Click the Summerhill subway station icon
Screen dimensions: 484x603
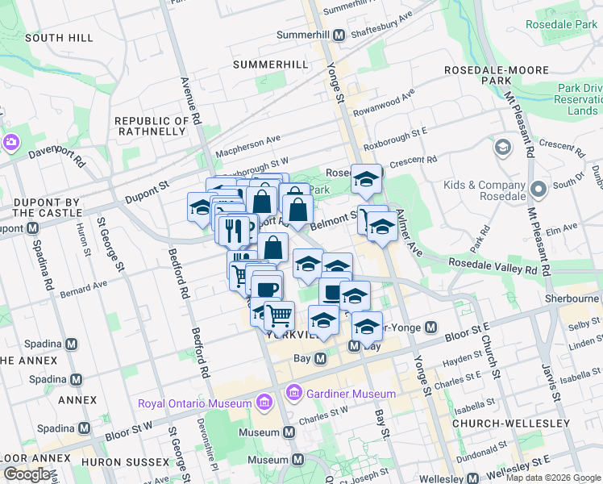pos(339,35)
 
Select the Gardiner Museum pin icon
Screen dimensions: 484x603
pos(294,394)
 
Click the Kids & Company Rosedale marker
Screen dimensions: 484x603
pos(539,190)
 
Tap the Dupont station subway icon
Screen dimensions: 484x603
pos(33,227)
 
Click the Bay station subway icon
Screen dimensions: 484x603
pos(320,357)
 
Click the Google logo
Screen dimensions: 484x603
pos(27,474)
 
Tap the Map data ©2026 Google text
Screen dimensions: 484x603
pos(552,478)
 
